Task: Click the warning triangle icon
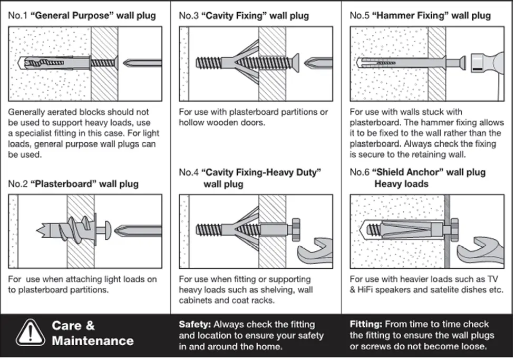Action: [30, 333]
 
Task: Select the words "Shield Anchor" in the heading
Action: [405, 172]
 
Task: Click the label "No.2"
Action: [18, 184]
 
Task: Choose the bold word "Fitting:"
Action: [366, 324]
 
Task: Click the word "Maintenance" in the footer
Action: [93, 340]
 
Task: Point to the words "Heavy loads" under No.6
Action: [401, 184]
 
